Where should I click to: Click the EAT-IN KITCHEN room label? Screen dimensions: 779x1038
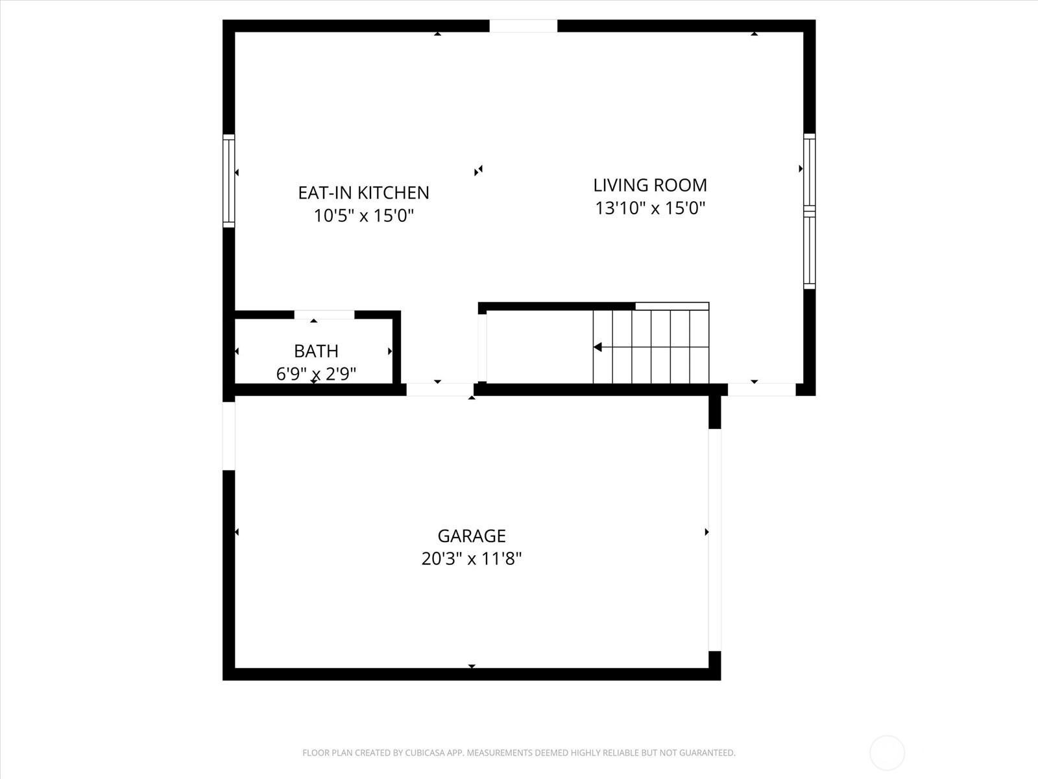click(363, 193)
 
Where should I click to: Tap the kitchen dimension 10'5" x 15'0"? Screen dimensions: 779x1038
click(363, 216)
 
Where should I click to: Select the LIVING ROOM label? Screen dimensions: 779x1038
click(650, 185)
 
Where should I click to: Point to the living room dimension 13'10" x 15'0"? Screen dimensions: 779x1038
click(650, 208)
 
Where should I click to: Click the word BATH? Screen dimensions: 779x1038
click(316, 351)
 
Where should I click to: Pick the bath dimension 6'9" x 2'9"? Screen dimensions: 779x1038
click(316, 374)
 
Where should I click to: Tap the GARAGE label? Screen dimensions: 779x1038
click(472, 536)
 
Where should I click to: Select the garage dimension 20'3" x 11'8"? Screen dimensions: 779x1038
click(472, 559)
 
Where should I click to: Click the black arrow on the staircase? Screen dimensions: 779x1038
click(597, 347)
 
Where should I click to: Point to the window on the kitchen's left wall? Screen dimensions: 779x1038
click(228, 180)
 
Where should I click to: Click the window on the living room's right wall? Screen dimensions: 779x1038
click(809, 211)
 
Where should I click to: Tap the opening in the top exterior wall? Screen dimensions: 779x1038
click(523, 26)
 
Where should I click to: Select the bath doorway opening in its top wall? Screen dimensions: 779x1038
click(324, 315)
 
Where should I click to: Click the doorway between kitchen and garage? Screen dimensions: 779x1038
click(440, 389)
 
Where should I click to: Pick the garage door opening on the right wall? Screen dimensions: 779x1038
click(714, 539)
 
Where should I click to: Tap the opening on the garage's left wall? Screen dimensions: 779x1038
click(228, 436)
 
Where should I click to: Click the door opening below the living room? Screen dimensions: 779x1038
click(762, 389)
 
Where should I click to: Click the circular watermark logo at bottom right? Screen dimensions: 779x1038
click(887, 753)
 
